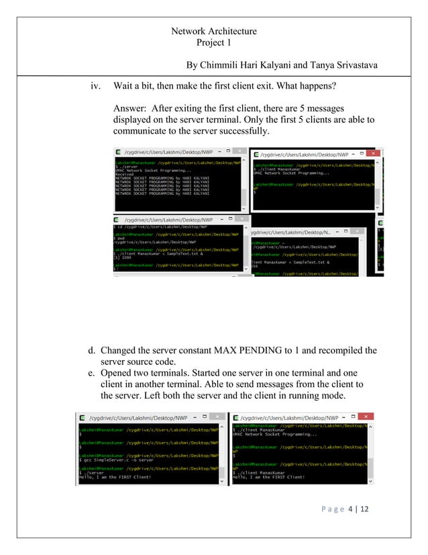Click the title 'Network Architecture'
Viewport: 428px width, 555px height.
pyautogui.click(x=214, y=31)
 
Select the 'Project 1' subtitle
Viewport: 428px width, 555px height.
pyautogui.click(x=214, y=42)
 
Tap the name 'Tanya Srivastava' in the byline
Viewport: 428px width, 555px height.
pyautogui.click(x=343, y=65)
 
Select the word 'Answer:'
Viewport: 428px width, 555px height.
pyautogui.click(x=131, y=108)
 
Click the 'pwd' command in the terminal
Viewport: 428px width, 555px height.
pyautogui.click(x=120, y=237)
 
